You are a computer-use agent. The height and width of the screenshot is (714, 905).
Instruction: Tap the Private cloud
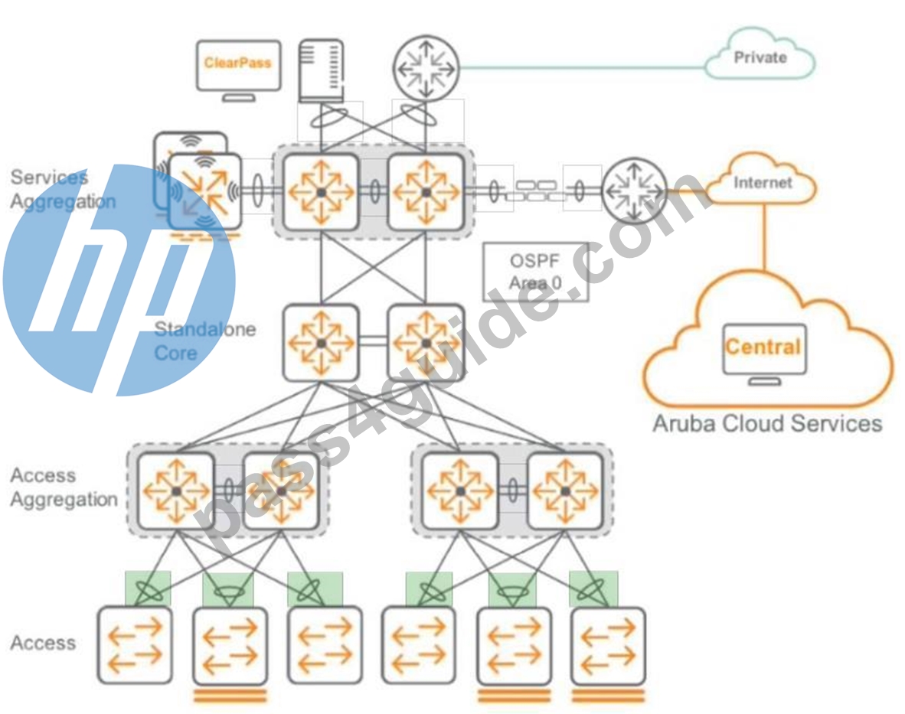[760, 54]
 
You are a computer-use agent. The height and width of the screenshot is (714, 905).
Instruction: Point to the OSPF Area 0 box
[536, 272]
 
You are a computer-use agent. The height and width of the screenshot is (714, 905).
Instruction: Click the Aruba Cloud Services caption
[767, 423]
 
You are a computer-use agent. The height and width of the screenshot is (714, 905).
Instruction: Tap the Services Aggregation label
[62, 189]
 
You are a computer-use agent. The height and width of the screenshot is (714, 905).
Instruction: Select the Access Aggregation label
[64, 487]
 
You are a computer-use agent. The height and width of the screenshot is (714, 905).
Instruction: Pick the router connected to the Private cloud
[426, 67]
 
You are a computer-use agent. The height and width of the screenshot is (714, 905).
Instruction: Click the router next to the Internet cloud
[634, 191]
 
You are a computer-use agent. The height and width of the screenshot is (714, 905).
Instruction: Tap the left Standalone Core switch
[321, 343]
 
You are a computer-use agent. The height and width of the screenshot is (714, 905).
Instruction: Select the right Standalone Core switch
[426, 343]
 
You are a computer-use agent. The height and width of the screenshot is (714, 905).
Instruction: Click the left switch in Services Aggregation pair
[321, 192]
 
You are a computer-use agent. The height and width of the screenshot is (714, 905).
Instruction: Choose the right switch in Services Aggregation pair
[426, 192]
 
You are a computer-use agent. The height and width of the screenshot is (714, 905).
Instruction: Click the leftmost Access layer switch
[135, 645]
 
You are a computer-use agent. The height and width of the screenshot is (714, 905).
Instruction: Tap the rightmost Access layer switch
[608, 645]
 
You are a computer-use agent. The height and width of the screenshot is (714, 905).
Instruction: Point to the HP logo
[119, 280]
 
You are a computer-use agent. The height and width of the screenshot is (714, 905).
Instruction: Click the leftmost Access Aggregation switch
[176, 491]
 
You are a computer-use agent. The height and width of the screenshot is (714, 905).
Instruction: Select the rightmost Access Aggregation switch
[565, 491]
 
